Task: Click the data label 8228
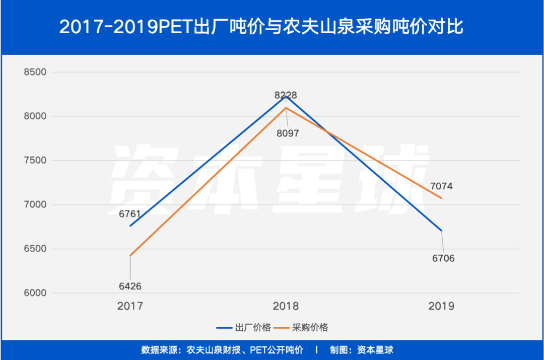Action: point(286,95)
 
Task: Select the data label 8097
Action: point(287,134)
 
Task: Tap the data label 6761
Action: point(130,214)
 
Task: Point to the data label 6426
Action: point(130,286)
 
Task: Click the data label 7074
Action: point(441,186)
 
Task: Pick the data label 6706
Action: point(443,258)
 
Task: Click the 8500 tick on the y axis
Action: point(35,72)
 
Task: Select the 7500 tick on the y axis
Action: point(35,161)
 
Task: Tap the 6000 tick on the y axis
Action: point(35,294)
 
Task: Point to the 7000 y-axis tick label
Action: point(35,205)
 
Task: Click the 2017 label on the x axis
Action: point(130,306)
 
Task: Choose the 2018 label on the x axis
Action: point(286,306)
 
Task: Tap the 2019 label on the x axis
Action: point(441,306)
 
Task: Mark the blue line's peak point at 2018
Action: point(286,96)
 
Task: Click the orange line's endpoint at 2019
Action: point(442,198)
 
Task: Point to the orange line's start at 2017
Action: point(130,256)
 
